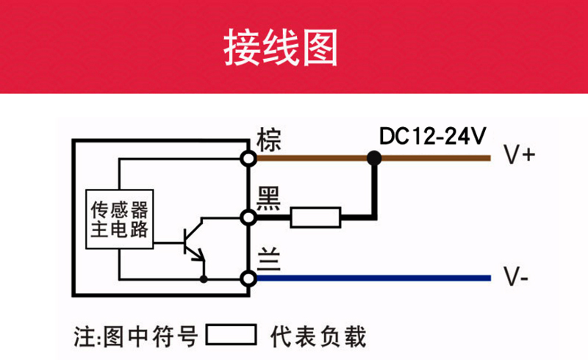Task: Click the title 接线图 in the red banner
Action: tap(281, 48)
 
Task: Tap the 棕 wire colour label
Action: tap(268, 140)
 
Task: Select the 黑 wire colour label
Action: tap(268, 199)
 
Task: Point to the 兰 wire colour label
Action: tap(269, 259)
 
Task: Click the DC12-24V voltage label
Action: tap(432, 136)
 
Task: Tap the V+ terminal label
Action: tap(520, 155)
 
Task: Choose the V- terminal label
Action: tap(516, 277)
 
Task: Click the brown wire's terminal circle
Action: tap(248, 158)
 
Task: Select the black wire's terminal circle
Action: tap(248, 217)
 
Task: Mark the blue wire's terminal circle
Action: tap(248, 278)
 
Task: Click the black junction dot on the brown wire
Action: tap(374, 158)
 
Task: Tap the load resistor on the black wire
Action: tap(316, 217)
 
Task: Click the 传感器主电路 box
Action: tap(120, 220)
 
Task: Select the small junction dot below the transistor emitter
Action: tap(204, 279)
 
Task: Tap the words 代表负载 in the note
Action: tap(318, 336)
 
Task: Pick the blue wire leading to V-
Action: tap(373, 278)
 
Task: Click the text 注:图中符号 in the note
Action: tap(135, 336)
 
